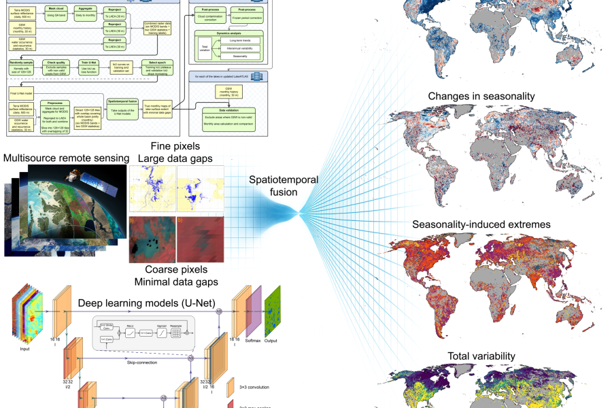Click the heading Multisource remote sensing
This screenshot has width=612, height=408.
(x=66, y=158)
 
